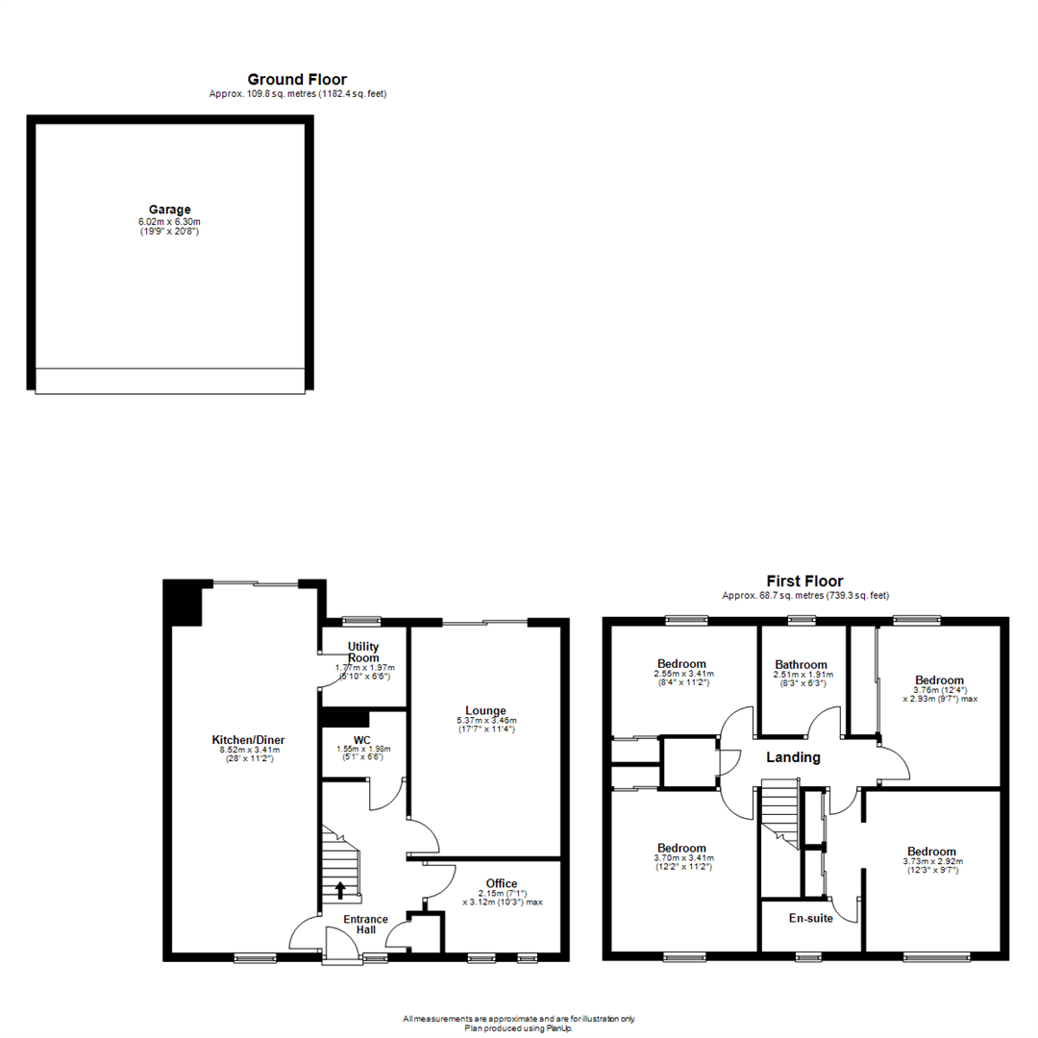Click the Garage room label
(169, 209)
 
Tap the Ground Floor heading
(297, 80)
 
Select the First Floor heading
(804, 581)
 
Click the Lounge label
(486, 710)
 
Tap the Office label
(502, 883)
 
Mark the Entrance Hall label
(365, 926)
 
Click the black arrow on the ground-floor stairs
(339, 889)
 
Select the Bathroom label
(802, 664)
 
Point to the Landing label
(793, 757)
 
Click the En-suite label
(811, 917)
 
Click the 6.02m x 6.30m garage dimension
(169, 221)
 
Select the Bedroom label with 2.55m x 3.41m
(681, 663)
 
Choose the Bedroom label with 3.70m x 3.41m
(681, 849)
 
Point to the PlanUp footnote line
(519, 1026)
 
